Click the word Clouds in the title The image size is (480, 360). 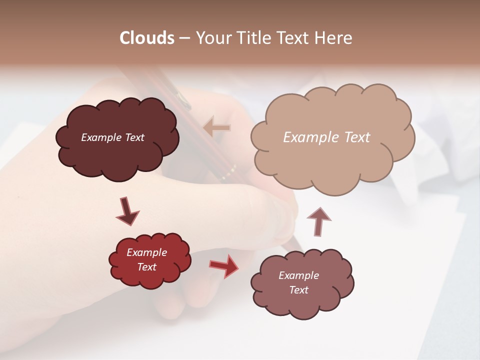coord(147,38)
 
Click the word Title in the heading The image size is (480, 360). coord(253,38)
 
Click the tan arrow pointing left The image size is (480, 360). coord(217,127)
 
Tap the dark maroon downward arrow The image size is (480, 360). coord(127,211)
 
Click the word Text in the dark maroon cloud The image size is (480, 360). coord(134,137)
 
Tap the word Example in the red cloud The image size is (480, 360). coord(147,252)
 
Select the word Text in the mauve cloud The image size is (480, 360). coord(299,290)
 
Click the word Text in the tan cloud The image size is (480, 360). coord(356,137)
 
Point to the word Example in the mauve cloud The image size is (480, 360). coord(299,275)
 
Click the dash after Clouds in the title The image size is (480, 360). coord(184,38)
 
